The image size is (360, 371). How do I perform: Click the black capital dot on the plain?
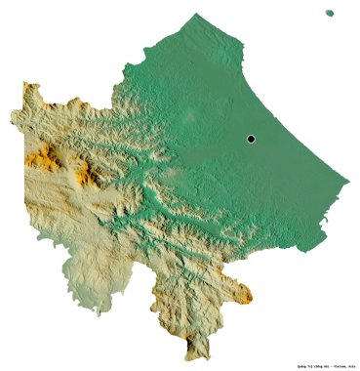251,140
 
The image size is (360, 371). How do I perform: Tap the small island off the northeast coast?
331,13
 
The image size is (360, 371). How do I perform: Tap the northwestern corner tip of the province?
26,85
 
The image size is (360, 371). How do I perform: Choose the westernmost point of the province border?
11,119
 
